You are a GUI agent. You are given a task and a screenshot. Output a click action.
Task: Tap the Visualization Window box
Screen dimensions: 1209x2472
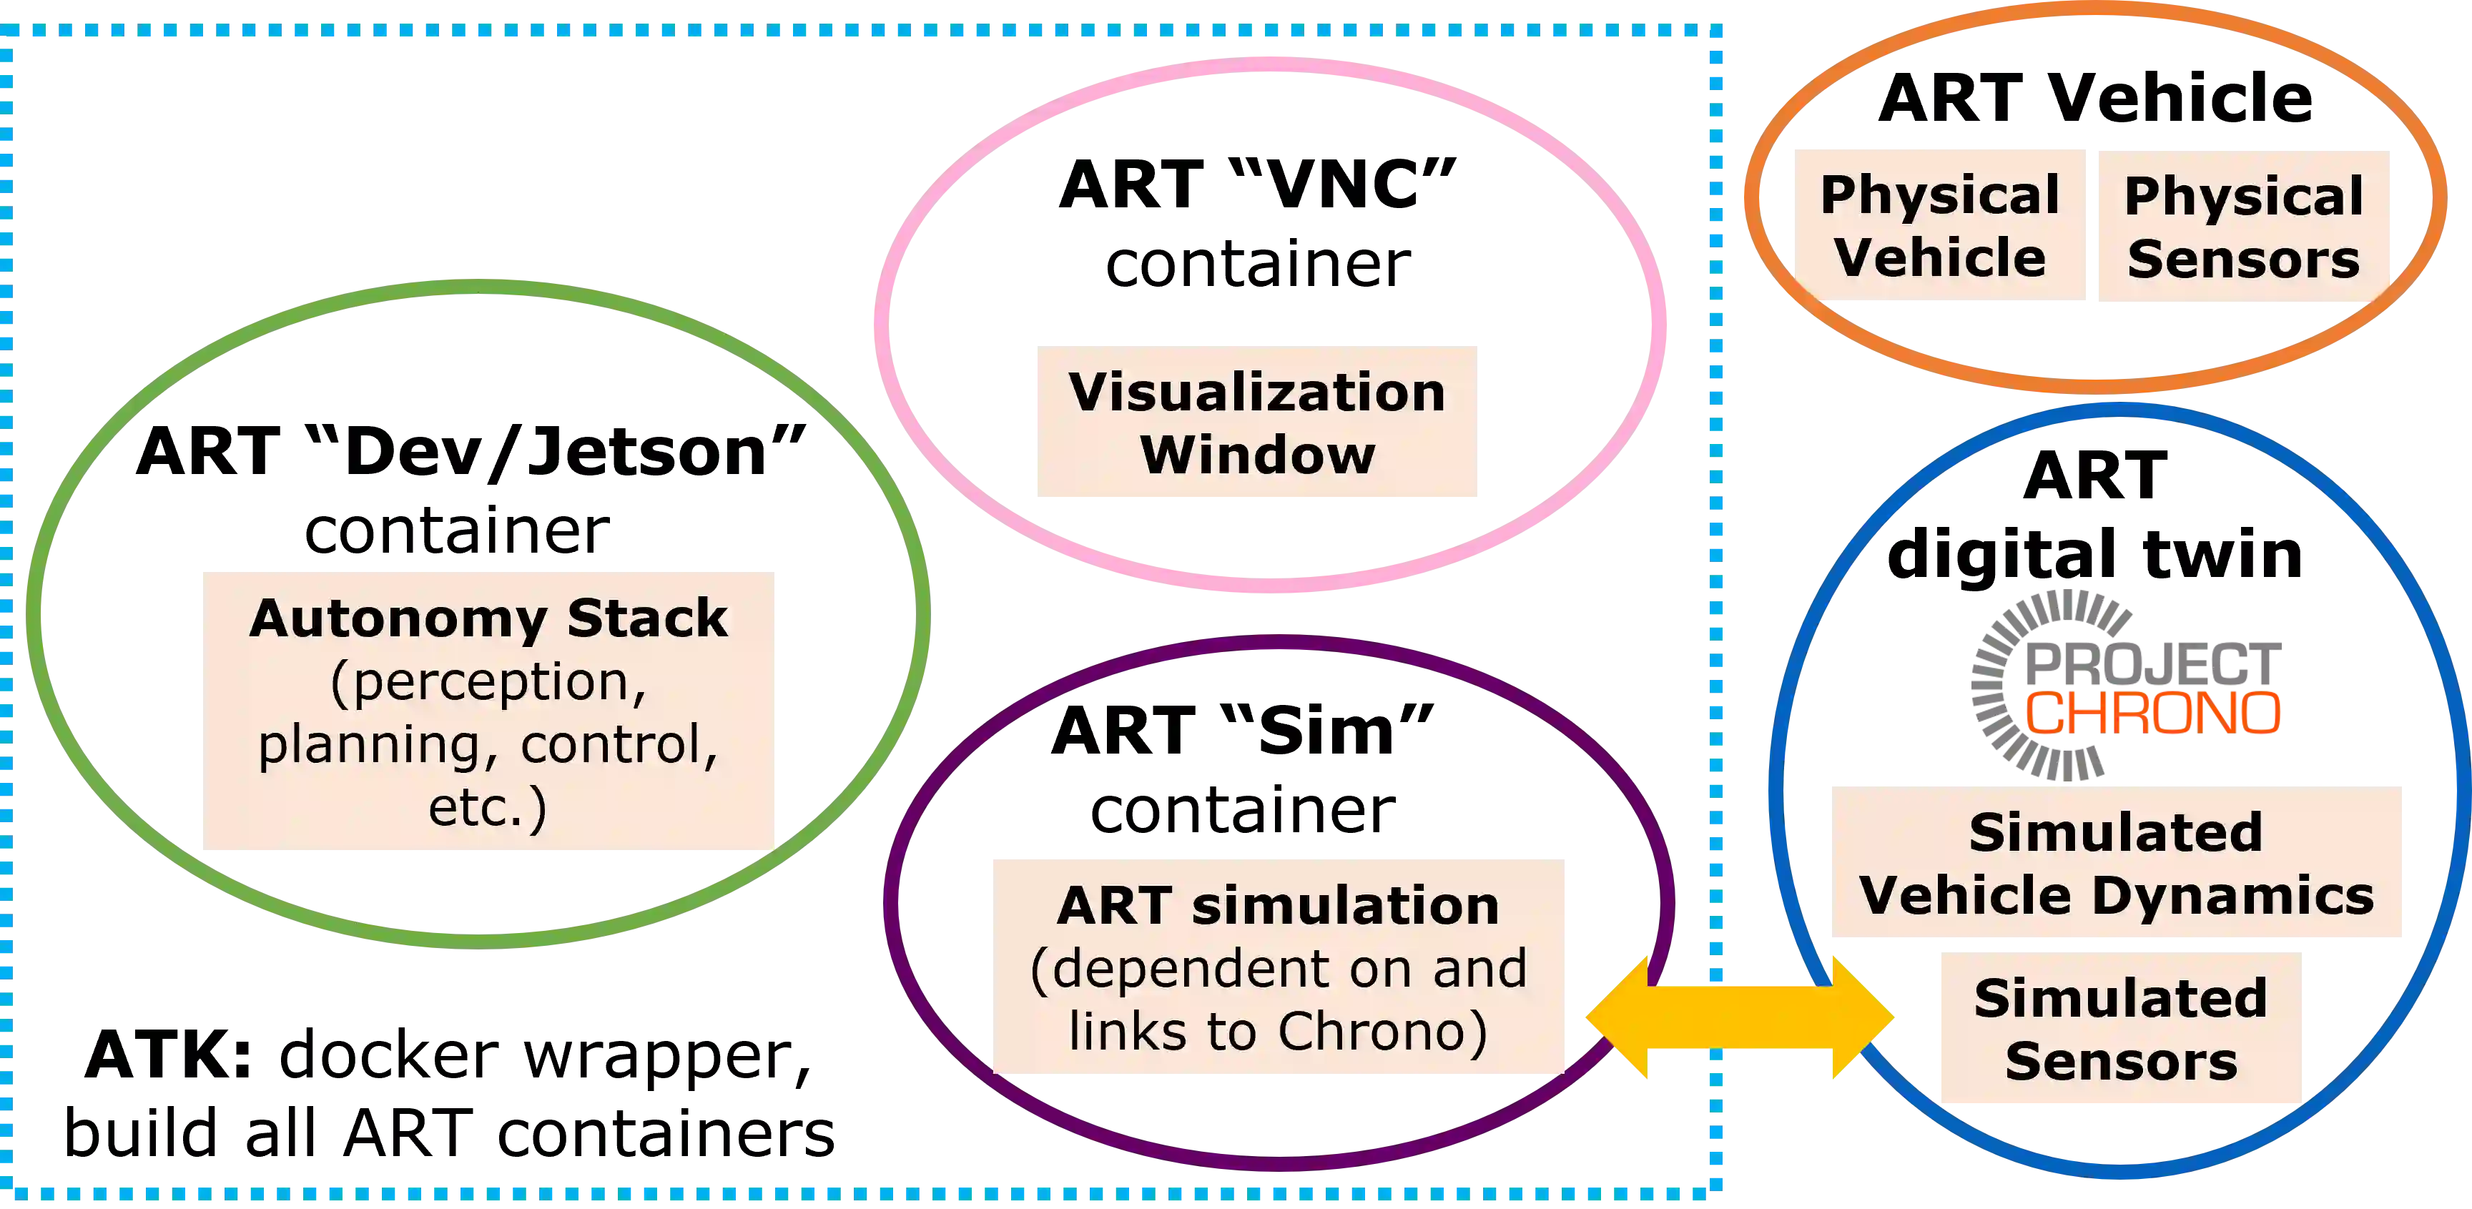pyautogui.click(x=1257, y=420)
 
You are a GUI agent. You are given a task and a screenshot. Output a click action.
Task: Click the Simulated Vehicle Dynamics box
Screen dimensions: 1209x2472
pyautogui.click(x=2115, y=861)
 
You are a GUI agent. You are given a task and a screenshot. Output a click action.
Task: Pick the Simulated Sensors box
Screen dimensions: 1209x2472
pyautogui.click(x=2121, y=1027)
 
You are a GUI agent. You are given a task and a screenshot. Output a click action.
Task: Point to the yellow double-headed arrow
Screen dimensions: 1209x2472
pyautogui.click(x=1740, y=1017)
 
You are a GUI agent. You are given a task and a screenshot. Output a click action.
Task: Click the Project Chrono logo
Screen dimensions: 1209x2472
pyautogui.click(x=2124, y=684)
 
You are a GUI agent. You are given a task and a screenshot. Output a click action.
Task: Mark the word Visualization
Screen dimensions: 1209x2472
pyautogui.click(x=1257, y=392)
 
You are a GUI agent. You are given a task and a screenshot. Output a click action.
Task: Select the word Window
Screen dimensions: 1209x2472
pyautogui.click(x=1257, y=454)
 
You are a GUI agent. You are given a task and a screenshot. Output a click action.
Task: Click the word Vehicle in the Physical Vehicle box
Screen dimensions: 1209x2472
pyautogui.click(x=1939, y=258)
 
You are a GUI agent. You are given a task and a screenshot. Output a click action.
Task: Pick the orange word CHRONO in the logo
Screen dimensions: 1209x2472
pyautogui.click(x=2152, y=714)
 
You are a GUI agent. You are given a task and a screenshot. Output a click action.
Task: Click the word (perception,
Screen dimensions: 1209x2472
pyautogui.click(x=488, y=681)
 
